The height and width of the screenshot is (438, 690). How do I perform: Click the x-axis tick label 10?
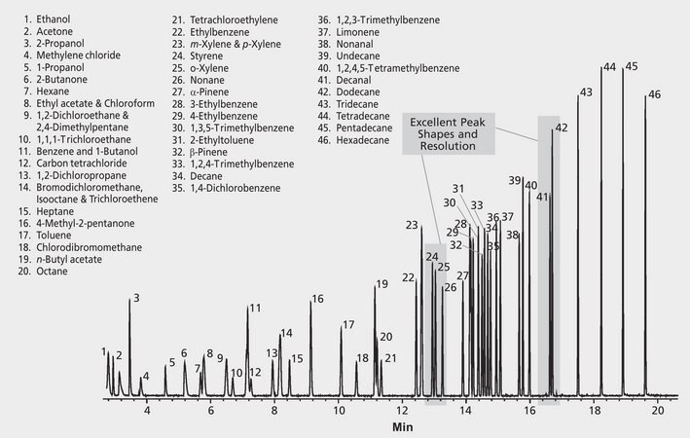coord(338,412)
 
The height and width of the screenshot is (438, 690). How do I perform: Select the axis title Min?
coord(403,427)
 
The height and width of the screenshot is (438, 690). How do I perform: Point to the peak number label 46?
coord(654,94)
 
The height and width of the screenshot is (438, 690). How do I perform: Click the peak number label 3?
coord(137,298)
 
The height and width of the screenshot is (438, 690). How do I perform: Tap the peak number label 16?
coord(317,299)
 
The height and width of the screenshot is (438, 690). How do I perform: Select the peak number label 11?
coord(254,309)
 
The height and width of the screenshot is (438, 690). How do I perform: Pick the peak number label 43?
coord(586,93)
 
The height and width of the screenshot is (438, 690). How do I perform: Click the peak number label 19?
coord(381,285)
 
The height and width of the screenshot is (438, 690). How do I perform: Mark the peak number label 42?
coord(561,128)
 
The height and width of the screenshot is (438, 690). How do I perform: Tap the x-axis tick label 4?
coord(147,412)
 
